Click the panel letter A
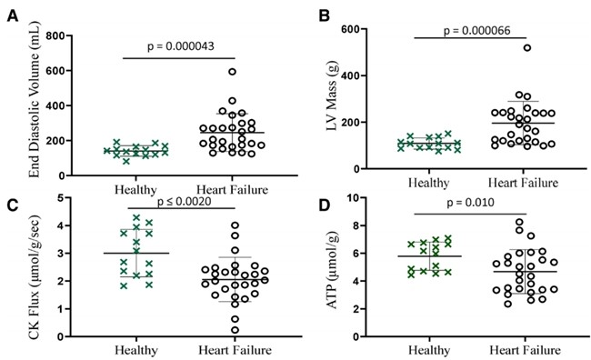point(13,16)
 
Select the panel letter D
point(326,205)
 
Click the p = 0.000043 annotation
point(181,46)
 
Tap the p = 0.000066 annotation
point(476,30)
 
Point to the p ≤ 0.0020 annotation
point(184,201)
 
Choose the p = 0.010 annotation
point(470,203)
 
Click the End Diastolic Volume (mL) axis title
point(35,99)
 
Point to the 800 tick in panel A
point(55,35)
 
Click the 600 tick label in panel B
point(351,29)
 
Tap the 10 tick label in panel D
point(354,197)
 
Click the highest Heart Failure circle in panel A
point(232,72)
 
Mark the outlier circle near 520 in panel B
point(527,47)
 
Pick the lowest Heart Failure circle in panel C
point(235,330)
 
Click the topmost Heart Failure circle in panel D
point(519,222)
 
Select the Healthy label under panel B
point(429,184)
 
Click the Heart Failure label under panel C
point(235,350)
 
